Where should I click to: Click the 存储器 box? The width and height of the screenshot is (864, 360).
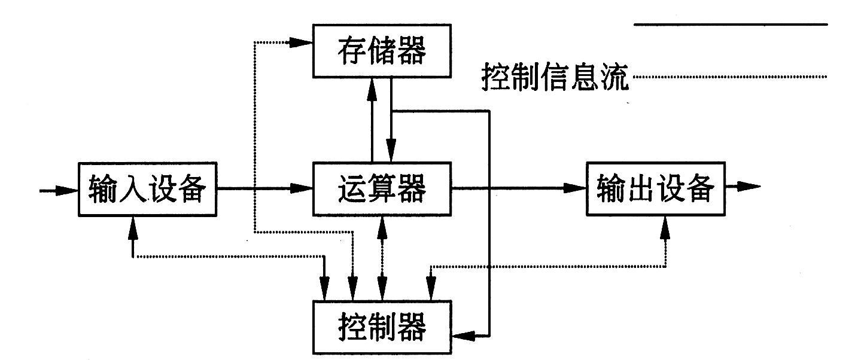[382, 51]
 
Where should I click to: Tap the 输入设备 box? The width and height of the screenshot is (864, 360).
[147, 188]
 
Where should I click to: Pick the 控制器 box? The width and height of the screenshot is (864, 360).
[382, 327]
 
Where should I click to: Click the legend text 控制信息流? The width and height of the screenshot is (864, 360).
[556, 78]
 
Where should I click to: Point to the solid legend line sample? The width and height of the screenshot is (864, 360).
[730, 25]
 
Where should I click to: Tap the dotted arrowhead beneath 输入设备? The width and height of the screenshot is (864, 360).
[133, 224]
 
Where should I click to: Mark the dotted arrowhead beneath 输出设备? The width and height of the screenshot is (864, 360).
[665, 225]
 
